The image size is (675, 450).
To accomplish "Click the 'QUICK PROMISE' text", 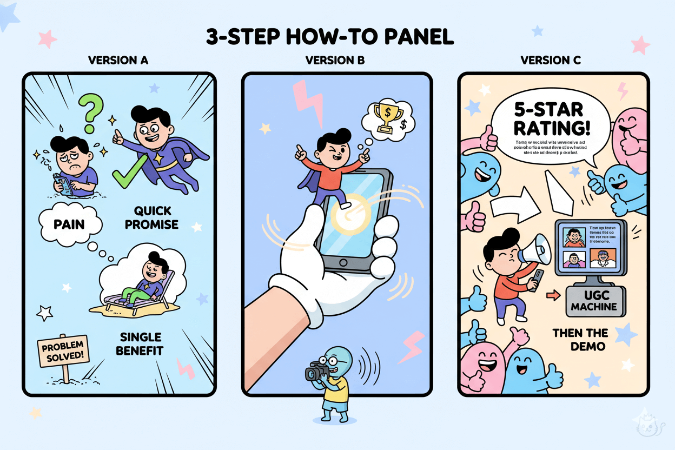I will click(x=151, y=217).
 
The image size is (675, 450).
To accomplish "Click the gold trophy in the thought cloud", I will click(x=388, y=116).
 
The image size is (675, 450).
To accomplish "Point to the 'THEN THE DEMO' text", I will click(x=580, y=339).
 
